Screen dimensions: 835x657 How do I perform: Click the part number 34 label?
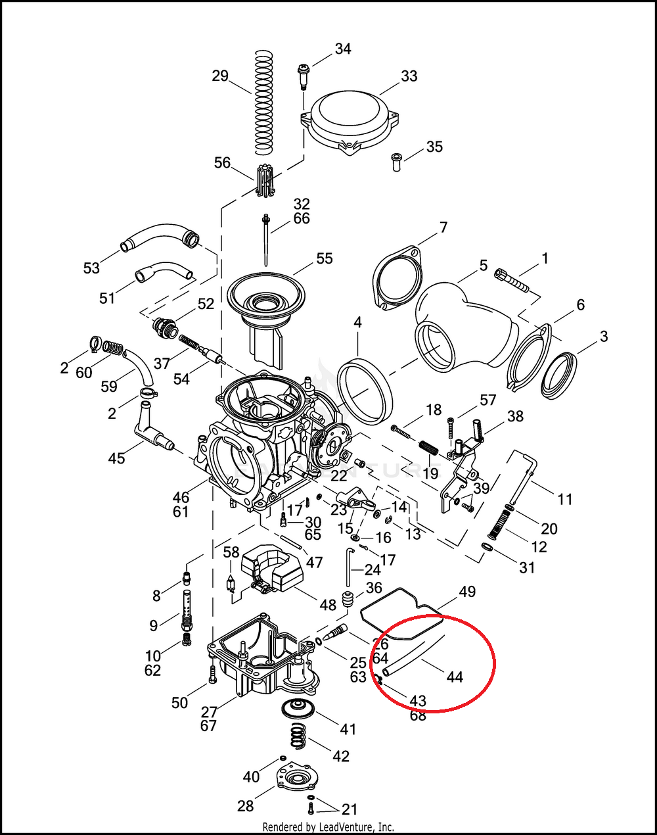[x=343, y=49]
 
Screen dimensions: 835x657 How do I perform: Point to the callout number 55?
[x=325, y=258]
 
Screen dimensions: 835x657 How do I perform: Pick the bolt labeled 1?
[x=513, y=280]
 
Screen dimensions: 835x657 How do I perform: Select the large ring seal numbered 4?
[x=365, y=391]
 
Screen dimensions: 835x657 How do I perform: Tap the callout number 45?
[x=116, y=458]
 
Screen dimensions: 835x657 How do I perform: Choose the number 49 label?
[x=467, y=592]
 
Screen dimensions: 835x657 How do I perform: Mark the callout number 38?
[x=515, y=416]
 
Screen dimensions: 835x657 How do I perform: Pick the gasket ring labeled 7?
[x=397, y=276]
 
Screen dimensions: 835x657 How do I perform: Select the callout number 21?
[x=350, y=809]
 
